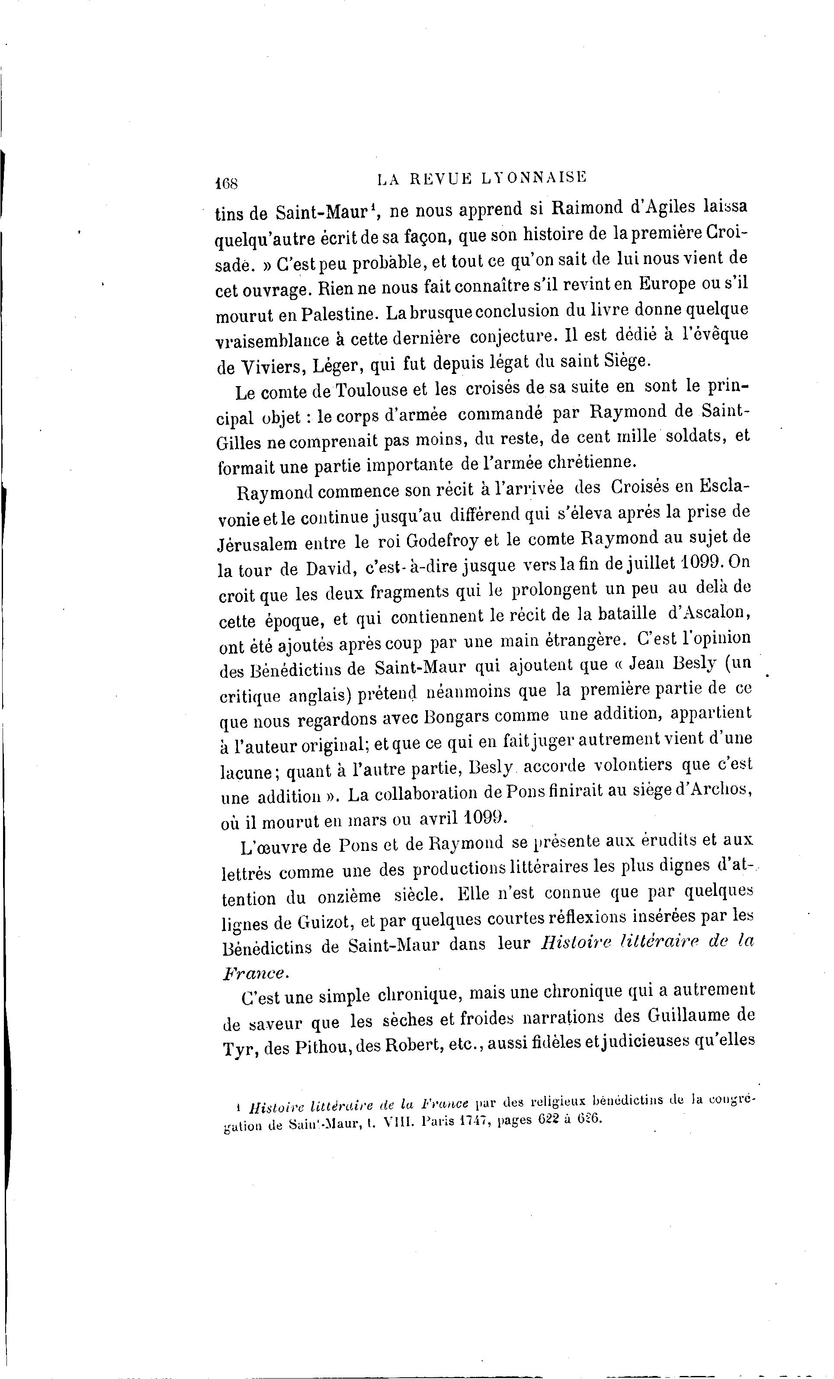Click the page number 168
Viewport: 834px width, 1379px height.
pos(227,183)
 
